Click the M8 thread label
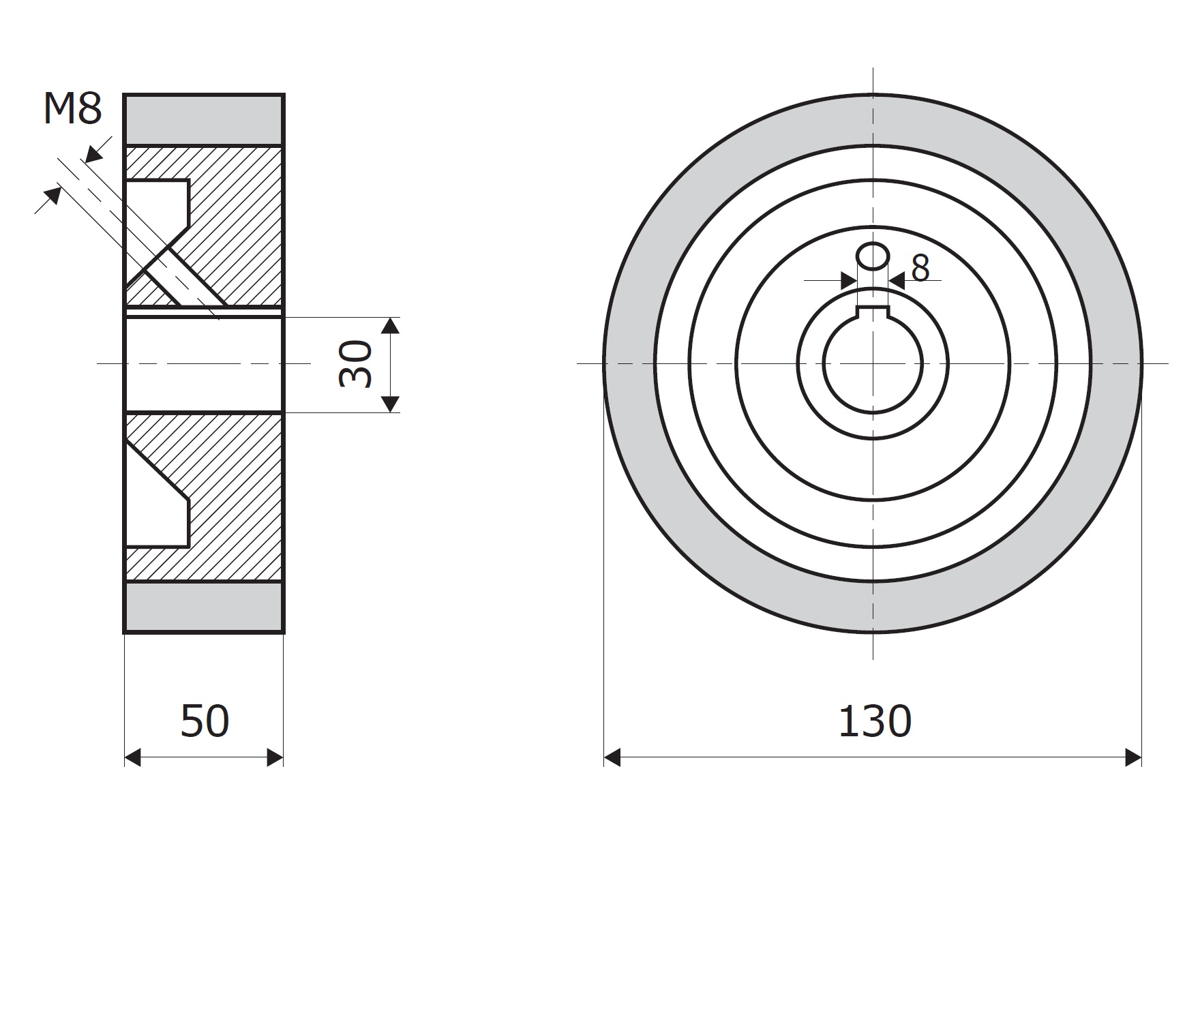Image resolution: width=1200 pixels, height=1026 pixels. [72, 108]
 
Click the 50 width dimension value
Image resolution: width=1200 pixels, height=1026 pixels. [205, 722]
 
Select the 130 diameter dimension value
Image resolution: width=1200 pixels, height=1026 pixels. [874, 722]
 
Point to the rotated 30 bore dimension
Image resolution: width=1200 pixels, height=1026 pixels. [356, 365]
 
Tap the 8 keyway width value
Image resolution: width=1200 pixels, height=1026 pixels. [920, 269]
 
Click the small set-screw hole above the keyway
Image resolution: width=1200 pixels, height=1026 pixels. [873, 257]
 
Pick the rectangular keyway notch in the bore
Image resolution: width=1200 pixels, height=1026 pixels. [873, 312]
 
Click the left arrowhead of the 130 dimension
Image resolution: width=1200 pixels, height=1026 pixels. [612, 757]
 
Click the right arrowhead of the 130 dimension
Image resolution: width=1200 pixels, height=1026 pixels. [1133, 757]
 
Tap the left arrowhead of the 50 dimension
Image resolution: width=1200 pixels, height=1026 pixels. [133, 757]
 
